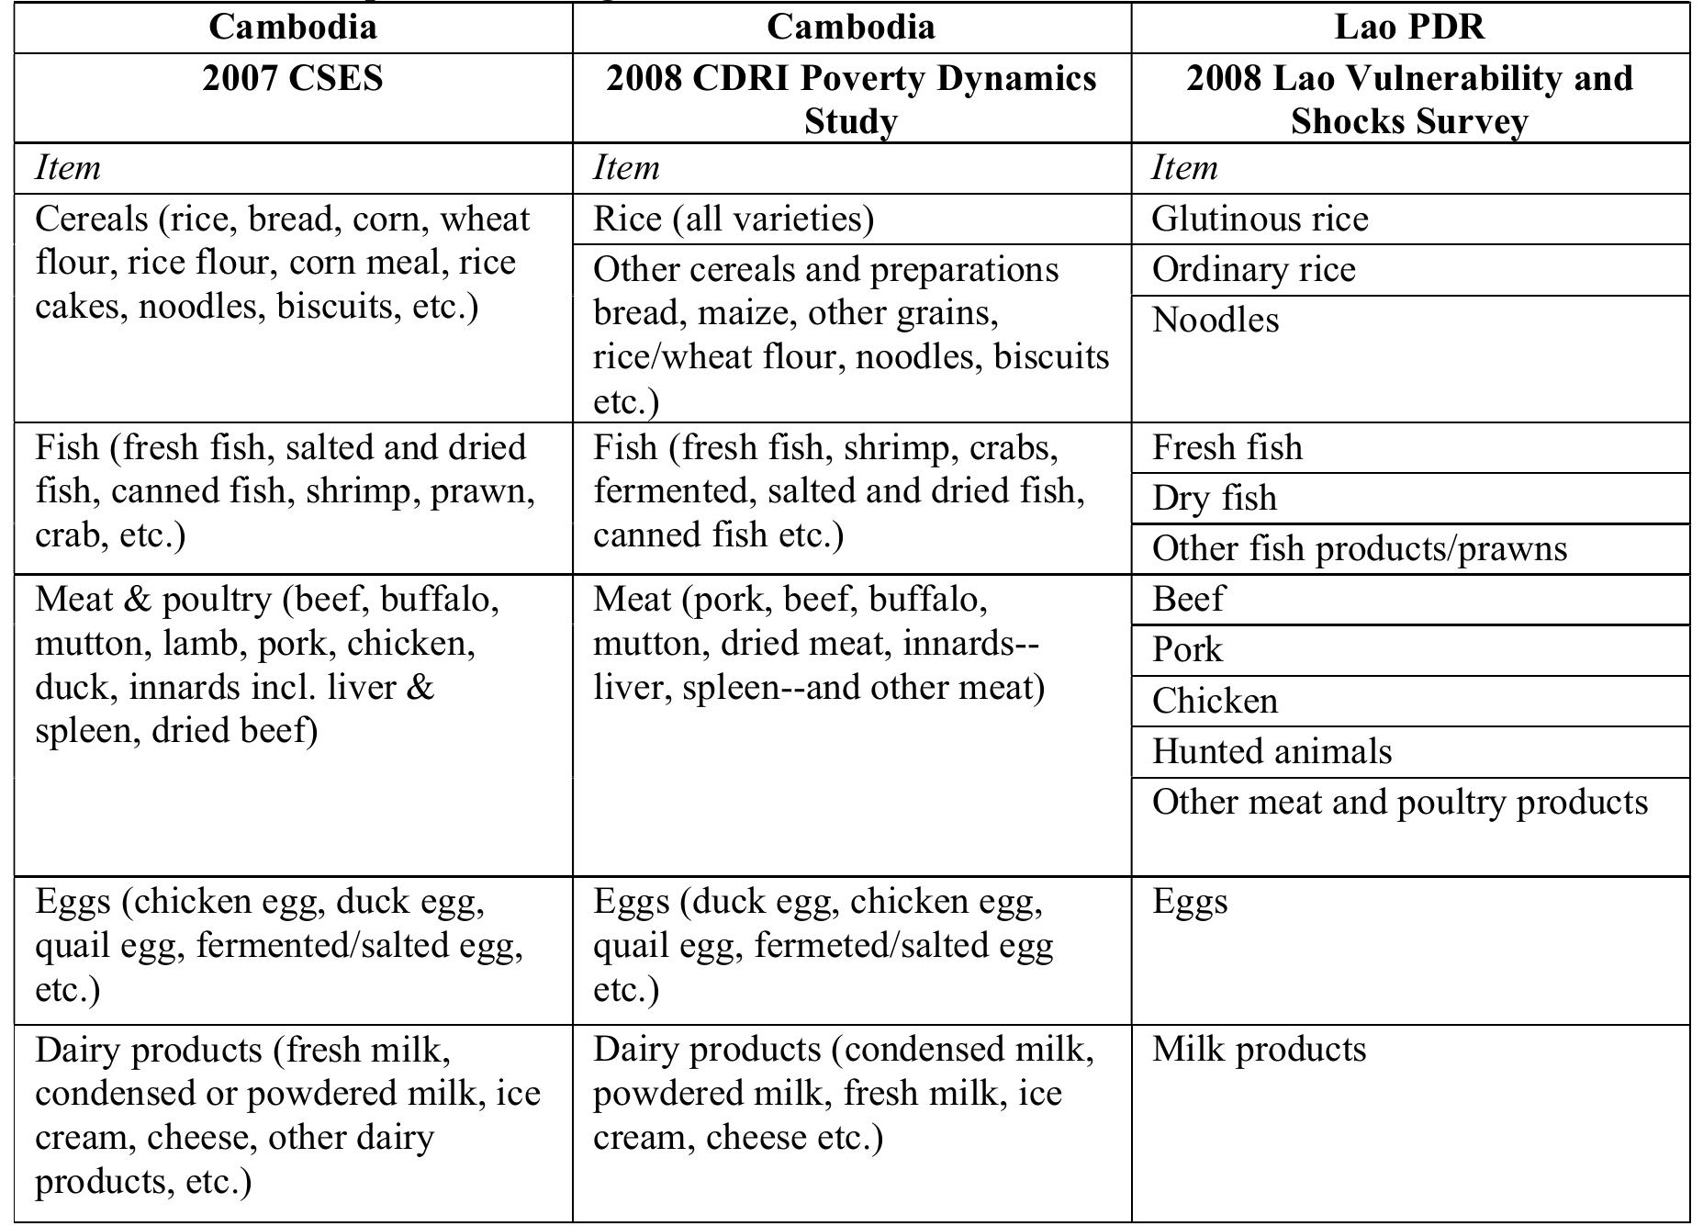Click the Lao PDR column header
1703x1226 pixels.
[x=1409, y=27]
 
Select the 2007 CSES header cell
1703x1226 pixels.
[x=293, y=78]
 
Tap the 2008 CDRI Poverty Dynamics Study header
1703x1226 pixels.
[x=851, y=99]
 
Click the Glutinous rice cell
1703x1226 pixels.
[x=1260, y=219]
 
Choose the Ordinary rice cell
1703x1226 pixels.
[x=1253, y=269]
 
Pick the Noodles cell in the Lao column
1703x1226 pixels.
[x=1216, y=320]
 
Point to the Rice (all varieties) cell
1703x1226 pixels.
[x=734, y=219]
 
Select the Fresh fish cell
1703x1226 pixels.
[x=1227, y=447]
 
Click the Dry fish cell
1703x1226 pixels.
[x=1214, y=498]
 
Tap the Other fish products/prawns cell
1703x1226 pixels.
[x=1359, y=548]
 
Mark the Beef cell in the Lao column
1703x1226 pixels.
[x=1188, y=599]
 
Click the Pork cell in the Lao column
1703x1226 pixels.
[x=1187, y=649]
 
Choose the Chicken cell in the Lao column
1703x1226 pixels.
[x=1215, y=701]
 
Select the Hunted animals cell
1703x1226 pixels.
[x=1272, y=751]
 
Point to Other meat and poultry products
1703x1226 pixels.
[x=1399, y=802]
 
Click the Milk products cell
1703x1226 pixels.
[x=1259, y=1049]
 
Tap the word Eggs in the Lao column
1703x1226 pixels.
[x=1190, y=901]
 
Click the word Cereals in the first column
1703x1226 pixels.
[x=89, y=219]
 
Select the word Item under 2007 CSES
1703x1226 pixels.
[x=68, y=168]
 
